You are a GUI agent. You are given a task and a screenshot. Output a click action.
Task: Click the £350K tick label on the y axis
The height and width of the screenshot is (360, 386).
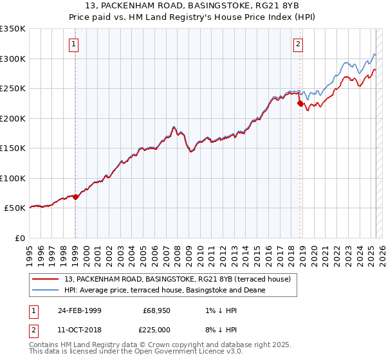13,29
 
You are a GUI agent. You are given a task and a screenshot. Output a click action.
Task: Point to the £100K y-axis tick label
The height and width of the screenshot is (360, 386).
13,178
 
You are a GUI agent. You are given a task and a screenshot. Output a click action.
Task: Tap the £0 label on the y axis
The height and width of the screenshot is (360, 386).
20,238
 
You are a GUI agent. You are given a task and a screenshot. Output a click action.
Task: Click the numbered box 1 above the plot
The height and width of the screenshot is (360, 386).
75,44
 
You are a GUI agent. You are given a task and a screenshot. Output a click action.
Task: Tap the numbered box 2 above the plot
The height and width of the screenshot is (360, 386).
299,44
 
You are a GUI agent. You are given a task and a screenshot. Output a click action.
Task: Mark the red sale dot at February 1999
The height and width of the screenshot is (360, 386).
75,197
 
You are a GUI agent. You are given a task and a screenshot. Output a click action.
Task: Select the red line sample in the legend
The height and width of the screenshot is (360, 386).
46,279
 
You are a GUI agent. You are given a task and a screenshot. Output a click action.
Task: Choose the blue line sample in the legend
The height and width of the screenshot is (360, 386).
46,290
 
